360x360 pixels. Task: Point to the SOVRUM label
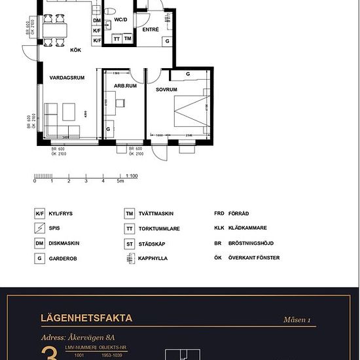coord(167,89)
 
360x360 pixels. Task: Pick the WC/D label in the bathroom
coord(120,20)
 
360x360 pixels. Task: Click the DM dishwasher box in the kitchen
coord(97,21)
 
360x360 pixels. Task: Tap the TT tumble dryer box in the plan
coord(117,39)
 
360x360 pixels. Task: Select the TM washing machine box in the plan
coord(128,39)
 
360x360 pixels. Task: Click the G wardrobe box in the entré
coord(168,41)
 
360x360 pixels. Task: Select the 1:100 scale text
coord(131,175)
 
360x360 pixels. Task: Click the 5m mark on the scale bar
coord(120,181)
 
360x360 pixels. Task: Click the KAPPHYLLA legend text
coord(153,258)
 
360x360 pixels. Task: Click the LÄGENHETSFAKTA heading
coord(86,319)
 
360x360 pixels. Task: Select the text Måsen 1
coord(297,320)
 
